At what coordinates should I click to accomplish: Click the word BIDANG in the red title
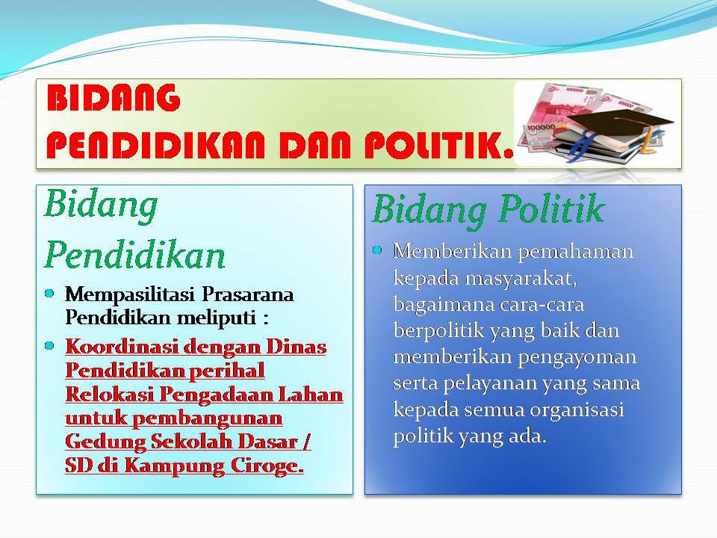tap(114, 98)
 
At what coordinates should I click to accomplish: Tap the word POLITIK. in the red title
tap(439, 145)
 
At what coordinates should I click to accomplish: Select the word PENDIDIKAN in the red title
tap(156, 145)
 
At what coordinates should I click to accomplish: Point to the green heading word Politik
tap(551, 208)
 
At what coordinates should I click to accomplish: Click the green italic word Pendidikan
tap(135, 254)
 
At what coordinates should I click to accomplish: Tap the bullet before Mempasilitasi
tap(49, 293)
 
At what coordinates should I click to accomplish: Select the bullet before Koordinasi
tap(49, 346)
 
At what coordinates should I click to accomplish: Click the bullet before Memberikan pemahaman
tap(377, 250)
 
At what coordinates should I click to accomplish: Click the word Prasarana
tap(248, 294)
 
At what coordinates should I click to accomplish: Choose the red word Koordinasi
tap(121, 346)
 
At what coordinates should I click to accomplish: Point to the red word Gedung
tap(105, 442)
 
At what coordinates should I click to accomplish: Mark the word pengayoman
tap(577, 357)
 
